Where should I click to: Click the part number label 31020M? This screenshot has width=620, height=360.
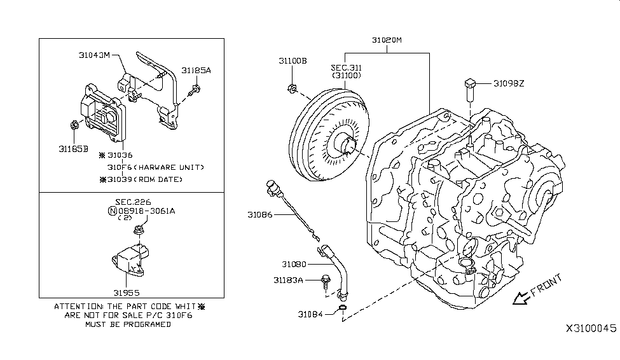click(x=387, y=40)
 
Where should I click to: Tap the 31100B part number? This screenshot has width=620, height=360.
click(x=293, y=61)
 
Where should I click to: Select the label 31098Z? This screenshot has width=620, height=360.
click(x=509, y=83)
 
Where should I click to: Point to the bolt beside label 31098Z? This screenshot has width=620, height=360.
click(x=470, y=90)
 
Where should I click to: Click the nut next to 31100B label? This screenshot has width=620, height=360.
click(x=292, y=88)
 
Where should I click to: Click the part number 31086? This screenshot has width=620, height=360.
click(x=260, y=215)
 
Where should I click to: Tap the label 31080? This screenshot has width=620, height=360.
click(x=294, y=264)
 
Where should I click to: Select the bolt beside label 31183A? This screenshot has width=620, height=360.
click(x=326, y=281)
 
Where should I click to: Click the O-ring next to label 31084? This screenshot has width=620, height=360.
click(x=343, y=308)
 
